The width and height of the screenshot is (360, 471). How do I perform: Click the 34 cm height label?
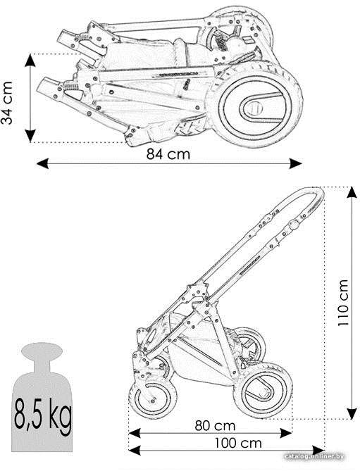click(6, 103)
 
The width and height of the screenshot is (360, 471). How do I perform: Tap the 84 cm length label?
click(168, 154)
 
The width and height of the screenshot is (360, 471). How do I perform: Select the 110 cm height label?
click(343, 303)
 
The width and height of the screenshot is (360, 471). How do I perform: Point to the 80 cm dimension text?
click(215, 426)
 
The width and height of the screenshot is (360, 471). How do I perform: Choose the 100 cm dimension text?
click(238, 443)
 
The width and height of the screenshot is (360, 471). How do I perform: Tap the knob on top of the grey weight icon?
click(42, 351)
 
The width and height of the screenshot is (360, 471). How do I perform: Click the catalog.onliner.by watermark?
click(314, 457)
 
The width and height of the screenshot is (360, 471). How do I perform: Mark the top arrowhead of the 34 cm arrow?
click(30, 61)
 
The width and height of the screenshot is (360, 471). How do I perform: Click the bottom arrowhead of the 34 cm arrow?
click(30, 136)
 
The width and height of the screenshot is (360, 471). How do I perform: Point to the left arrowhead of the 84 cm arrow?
click(42, 163)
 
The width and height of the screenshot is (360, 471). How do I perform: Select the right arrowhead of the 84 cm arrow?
click(295, 163)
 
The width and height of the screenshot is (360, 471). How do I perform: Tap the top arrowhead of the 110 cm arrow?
click(352, 192)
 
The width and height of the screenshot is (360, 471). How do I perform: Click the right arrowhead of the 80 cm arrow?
click(286, 433)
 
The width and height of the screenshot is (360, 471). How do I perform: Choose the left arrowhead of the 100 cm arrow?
click(135, 451)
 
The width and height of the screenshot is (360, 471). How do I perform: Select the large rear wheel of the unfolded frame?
click(263, 391)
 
